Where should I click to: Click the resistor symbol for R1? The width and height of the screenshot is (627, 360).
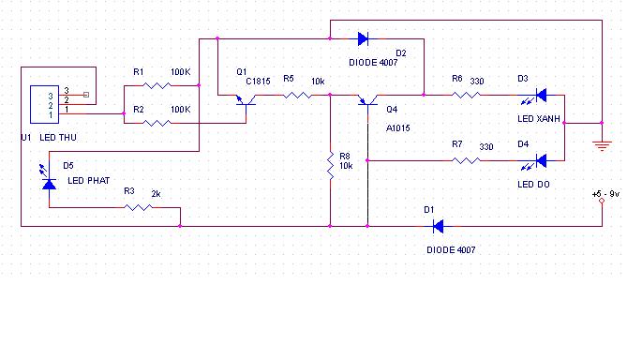(157, 85)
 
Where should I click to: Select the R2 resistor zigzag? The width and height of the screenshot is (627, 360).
(157, 123)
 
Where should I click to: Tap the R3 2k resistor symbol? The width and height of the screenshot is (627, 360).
(138, 207)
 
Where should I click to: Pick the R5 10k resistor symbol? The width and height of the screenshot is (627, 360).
(297, 96)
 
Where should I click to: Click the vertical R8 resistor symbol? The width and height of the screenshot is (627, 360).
(330, 165)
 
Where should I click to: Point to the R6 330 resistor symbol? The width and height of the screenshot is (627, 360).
(466, 95)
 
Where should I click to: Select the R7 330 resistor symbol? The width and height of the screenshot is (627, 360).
(466, 160)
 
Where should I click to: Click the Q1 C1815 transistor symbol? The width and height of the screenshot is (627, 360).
(246, 101)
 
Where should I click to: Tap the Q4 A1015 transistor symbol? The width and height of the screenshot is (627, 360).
(368, 101)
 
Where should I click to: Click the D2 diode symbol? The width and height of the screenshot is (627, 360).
(363, 38)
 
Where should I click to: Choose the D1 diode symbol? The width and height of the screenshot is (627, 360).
(439, 226)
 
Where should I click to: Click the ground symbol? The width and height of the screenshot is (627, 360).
(602, 145)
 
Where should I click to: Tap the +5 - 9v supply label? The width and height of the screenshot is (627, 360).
(605, 194)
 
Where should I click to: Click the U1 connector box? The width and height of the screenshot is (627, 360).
(44, 104)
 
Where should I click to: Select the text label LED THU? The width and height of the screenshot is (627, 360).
(58, 138)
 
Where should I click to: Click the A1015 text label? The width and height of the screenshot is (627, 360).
(398, 128)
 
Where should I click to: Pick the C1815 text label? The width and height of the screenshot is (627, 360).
(258, 82)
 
